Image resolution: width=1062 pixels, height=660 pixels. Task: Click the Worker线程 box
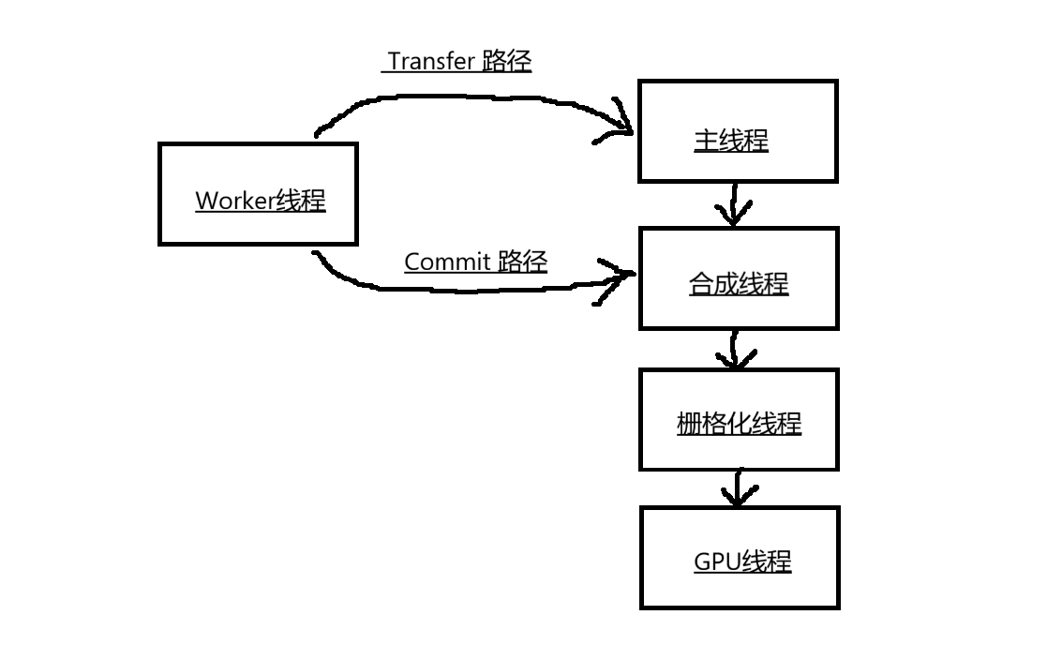[x=258, y=194]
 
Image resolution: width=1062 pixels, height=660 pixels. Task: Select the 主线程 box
[x=737, y=131]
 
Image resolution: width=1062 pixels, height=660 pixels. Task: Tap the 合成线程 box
[x=738, y=278]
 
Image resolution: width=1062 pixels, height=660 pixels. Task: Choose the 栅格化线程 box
[x=739, y=419]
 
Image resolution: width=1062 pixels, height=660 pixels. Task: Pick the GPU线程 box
[x=740, y=558]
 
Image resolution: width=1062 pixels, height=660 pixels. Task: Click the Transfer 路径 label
[x=459, y=62]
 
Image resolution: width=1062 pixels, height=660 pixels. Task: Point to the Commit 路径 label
[x=475, y=262]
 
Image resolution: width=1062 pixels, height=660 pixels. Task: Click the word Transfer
[x=432, y=62]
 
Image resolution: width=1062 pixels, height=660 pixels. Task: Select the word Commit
[x=447, y=262]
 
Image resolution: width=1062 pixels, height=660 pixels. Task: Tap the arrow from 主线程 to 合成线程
[x=734, y=204]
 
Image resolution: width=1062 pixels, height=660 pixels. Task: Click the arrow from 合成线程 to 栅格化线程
[x=736, y=349]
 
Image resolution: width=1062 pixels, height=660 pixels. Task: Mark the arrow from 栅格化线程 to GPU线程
[x=738, y=487]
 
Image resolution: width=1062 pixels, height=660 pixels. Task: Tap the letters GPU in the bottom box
[x=717, y=562]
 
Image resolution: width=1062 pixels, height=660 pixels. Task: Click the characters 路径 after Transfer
[x=507, y=62]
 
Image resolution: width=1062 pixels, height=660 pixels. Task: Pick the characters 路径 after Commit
[x=522, y=262]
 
